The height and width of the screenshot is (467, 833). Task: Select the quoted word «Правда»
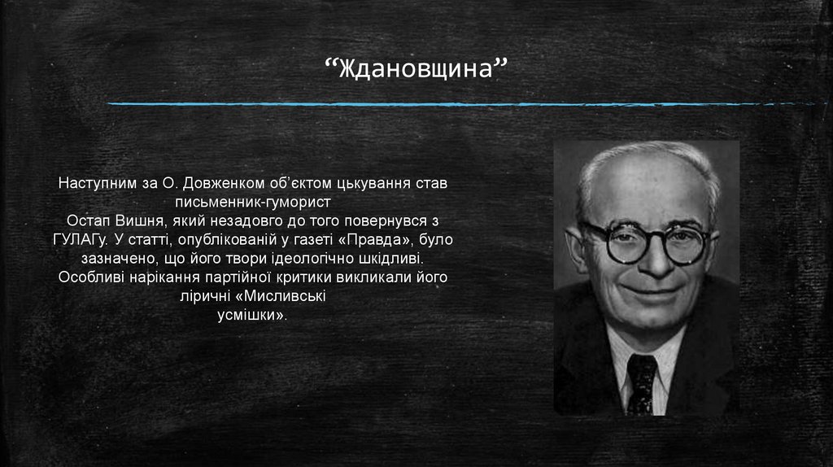[369, 240]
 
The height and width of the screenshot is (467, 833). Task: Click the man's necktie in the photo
[642, 382]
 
